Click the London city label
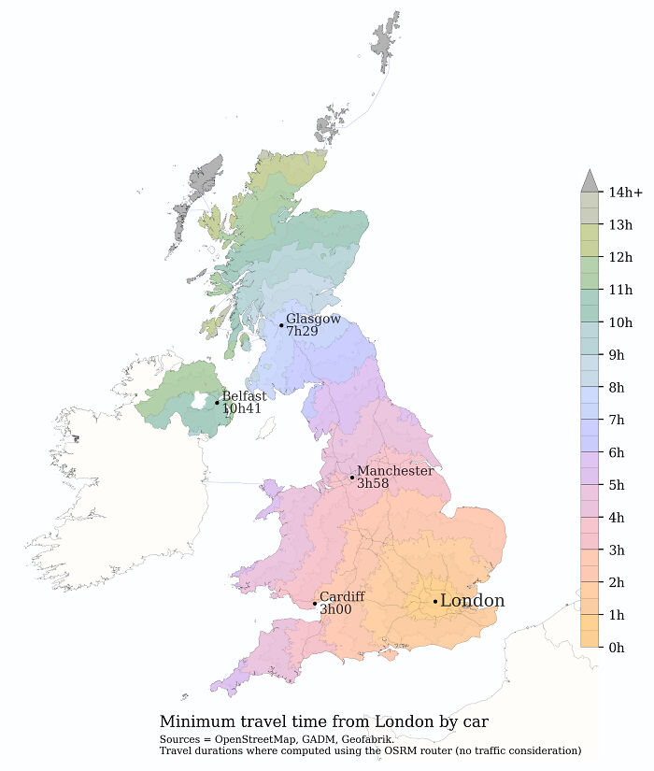[472, 601]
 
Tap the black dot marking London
[435, 601]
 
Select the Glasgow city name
[313, 319]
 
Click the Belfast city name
[244, 396]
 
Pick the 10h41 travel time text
[241, 408]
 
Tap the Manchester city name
[394, 471]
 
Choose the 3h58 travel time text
[373, 484]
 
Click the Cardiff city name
[341, 596]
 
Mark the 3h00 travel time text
[335, 609]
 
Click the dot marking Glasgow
[281, 325]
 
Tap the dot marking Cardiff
[315, 603]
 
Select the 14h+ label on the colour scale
[625, 193]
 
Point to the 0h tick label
[617, 647]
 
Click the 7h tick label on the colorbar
[617, 420]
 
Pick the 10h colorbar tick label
[620, 322]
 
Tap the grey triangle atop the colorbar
[589, 181]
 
